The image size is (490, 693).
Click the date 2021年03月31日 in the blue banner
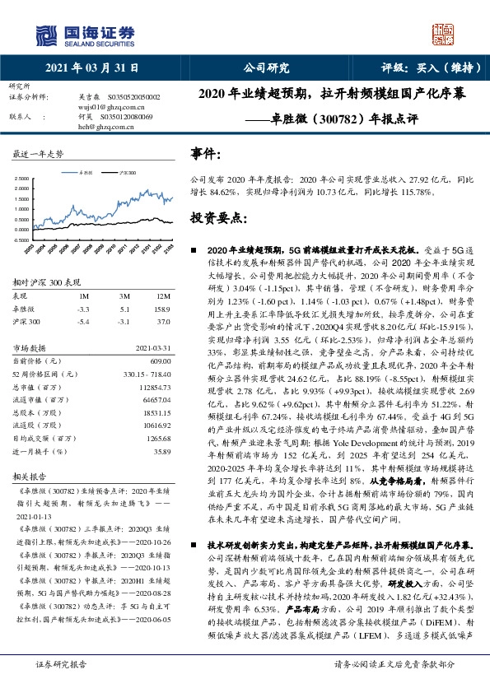coord(91,69)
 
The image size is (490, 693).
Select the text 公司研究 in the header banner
coord(266,69)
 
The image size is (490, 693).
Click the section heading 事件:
coord(206,154)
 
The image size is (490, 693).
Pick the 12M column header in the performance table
coord(164,296)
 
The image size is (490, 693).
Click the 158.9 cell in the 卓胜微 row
coord(162,309)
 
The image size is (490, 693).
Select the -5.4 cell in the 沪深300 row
coord(83,321)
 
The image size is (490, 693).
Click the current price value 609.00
coord(160,360)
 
